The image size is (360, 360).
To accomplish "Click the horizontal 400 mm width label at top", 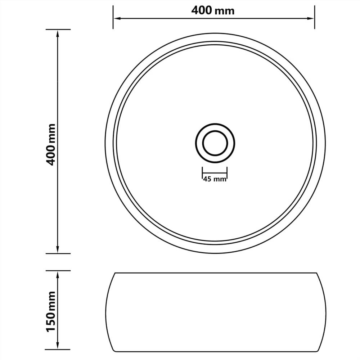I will [x=213, y=10].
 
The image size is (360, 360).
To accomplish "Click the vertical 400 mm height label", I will [x=52, y=144].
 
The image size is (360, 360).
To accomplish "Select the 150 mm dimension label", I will [x=52, y=312].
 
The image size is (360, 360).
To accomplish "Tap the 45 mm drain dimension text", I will [x=214, y=179].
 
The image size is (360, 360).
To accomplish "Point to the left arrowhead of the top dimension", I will [x=116, y=18].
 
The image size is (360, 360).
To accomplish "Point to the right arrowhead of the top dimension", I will [x=312, y=18].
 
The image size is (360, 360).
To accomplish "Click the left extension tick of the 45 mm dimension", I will [x=202, y=172].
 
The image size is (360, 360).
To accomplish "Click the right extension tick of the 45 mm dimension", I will [x=227, y=172].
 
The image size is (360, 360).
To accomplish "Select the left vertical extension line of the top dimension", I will [x=113, y=17].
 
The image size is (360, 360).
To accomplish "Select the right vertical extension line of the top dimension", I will [x=315, y=17].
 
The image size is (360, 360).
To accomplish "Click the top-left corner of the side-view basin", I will [x=115, y=273].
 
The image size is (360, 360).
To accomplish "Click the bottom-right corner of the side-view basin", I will [x=316, y=351].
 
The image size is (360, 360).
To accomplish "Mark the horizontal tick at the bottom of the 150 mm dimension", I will [x=58, y=350].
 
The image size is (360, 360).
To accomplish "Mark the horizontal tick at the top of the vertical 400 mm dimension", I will [x=58, y=30].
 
